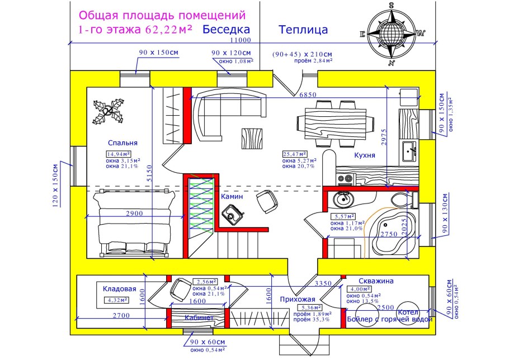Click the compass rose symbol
[392, 31]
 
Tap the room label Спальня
[123, 143]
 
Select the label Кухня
[364, 156]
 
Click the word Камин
[232, 197]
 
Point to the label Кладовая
[120, 289]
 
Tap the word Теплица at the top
[303, 30]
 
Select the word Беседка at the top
[226, 30]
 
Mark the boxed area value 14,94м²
[119, 154]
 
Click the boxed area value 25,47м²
[295, 154]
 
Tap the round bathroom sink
[342, 198]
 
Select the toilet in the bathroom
[402, 200]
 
